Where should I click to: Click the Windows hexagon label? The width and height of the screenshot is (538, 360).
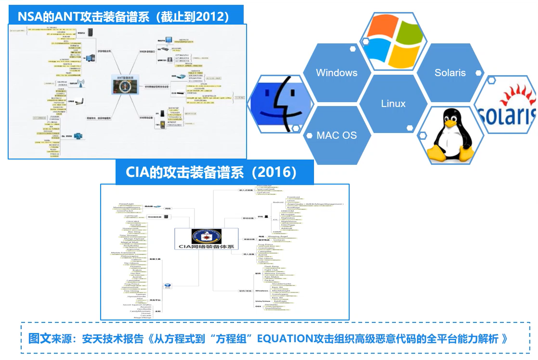pyautogui.click(x=337, y=73)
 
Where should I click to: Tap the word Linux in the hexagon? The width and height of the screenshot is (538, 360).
pyautogui.click(x=393, y=104)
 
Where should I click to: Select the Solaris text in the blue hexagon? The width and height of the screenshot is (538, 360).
pyautogui.click(x=450, y=73)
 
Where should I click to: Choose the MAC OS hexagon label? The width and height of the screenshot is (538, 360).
pyautogui.click(x=337, y=135)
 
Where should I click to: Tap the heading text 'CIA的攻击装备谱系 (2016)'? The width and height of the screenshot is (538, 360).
pyautogui.click(x=214, y=172)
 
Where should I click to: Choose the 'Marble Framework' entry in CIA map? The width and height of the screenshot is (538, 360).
pyautogui.click(x=123, y=253)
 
